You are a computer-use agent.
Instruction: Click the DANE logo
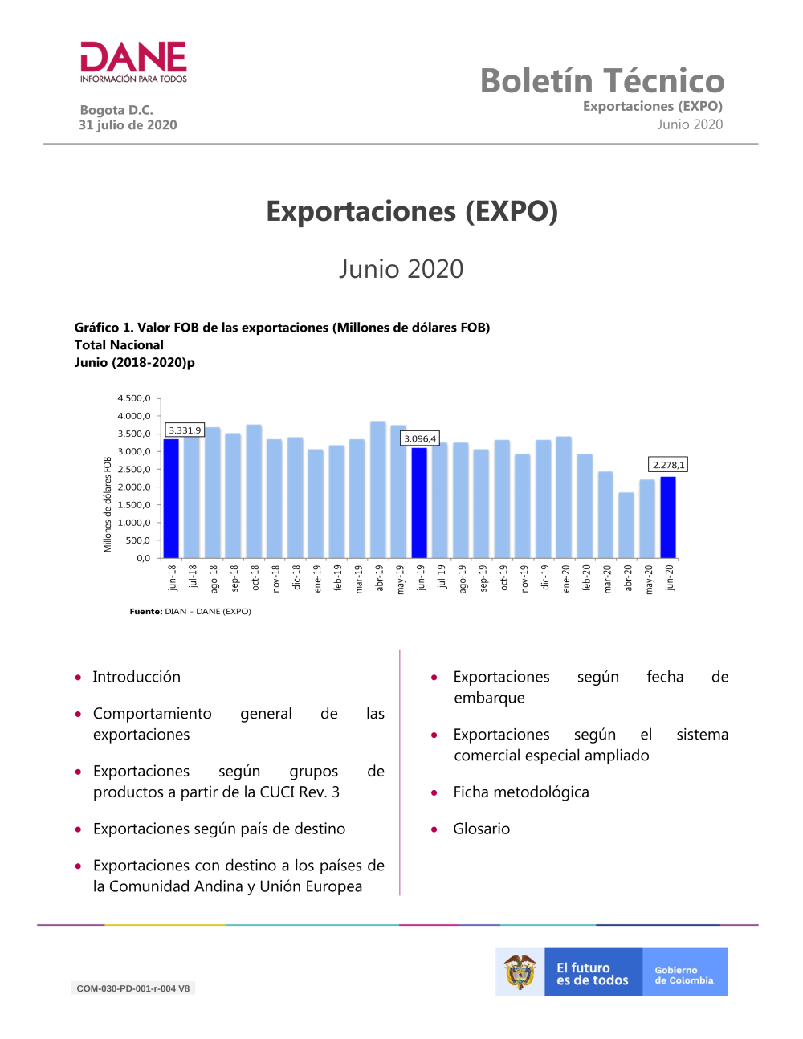[x=133, y=62]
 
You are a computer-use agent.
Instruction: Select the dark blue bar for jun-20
[x=668, y=517]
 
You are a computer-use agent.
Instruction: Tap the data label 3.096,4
[x=420, y=438]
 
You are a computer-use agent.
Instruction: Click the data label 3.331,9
[x=185, y=430]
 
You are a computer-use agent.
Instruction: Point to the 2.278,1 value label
[x=669, y=465]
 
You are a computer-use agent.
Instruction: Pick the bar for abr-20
[x=626, y=525]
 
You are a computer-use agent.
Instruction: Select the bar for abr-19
[x=378, y=490]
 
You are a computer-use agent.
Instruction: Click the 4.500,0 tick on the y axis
[x=134, y=398]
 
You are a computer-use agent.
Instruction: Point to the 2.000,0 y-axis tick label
[x=134, y=487]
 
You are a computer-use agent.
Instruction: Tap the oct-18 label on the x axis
[x=255, y=577]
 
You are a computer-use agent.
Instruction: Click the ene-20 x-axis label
[x=566, y=579]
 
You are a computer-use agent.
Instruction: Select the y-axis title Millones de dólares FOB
[x=108, y=504]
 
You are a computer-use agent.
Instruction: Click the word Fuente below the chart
[x=146, y=612]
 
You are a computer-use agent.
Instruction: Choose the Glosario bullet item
[x=481, y=829]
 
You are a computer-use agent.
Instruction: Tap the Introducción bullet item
[x=137, y=677]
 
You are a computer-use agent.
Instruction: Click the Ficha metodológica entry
[x=521, y=792]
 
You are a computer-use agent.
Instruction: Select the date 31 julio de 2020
[x=128, y=125]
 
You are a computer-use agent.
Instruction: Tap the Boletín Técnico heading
[x=602, y=80]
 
